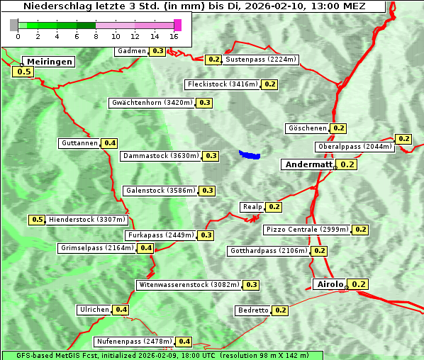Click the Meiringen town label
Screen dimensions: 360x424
pos(50,62)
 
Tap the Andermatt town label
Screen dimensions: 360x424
pos(308,164)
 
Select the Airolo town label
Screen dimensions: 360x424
pos(330,284)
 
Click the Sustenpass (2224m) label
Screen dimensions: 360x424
pos(261,60)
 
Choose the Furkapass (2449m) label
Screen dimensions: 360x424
pos(160,235)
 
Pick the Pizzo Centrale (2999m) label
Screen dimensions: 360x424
pos(307,230)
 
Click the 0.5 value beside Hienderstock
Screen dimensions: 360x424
pos(38,220)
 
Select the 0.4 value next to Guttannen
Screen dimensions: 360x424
pos(110,143)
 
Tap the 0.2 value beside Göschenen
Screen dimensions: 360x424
pos(338,128)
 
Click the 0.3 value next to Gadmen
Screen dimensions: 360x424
pos(158,51)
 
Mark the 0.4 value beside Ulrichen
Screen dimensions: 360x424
pos(121,310)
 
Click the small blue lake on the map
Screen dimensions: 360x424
pos(250,154)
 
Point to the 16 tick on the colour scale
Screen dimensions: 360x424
pos(174,36)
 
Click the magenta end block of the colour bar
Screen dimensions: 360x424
pos(177,25)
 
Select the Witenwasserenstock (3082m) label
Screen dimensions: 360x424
pos(188,285)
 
